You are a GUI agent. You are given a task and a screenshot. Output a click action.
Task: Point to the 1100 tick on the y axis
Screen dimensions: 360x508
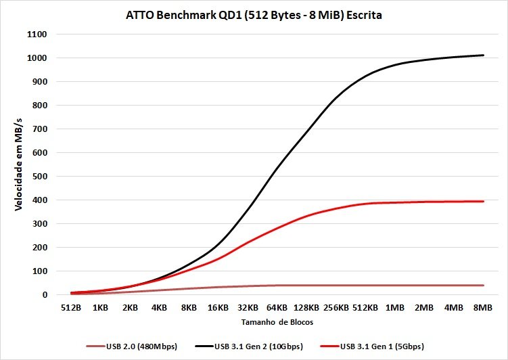tap(37, 35)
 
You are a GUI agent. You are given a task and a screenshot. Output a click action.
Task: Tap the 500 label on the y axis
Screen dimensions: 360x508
tap(39, 177)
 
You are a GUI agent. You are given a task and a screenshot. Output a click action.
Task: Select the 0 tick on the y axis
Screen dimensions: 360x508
tap(44, 295)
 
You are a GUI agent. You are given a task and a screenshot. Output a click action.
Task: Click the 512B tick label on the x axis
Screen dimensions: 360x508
tap(71, 308)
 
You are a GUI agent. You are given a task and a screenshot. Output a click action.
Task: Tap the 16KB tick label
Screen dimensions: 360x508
tap(218, 308)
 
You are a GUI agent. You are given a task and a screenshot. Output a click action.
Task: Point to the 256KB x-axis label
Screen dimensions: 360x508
tap(336, 308)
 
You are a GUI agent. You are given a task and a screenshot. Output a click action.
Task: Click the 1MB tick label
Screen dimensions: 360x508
tap(395, 308)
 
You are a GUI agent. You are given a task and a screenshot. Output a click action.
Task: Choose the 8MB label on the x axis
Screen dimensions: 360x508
tap(483, 308)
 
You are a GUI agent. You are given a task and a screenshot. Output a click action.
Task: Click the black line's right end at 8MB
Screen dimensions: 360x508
tap(483, 55)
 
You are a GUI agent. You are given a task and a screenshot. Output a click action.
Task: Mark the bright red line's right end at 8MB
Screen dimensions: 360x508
tap(483, 201)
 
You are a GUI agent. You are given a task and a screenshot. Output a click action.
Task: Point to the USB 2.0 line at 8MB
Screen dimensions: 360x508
tap(483, 286)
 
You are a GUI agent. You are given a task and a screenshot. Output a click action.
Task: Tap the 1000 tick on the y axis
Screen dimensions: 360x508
tap(37, 58)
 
